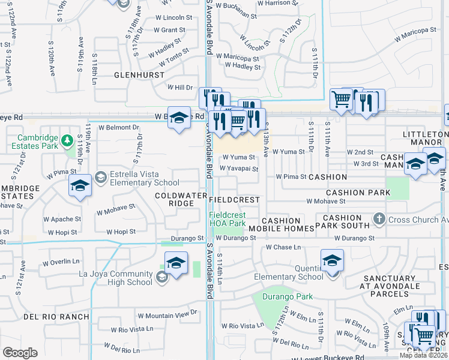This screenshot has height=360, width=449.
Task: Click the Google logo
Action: click(20, 353)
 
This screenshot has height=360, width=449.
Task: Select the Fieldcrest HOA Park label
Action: click(228, 220)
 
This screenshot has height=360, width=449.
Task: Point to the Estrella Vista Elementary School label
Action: click(137, 178)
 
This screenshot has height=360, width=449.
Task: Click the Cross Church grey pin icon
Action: click(379, 220)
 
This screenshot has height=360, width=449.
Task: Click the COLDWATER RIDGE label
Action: click(175, 199)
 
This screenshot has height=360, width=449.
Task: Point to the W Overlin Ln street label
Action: click(61, 262)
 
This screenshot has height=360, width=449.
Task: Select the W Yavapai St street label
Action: click(238, 169)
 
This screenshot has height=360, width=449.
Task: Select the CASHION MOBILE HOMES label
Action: click(288, 225)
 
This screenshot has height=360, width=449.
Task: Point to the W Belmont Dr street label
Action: click(118, 127)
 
